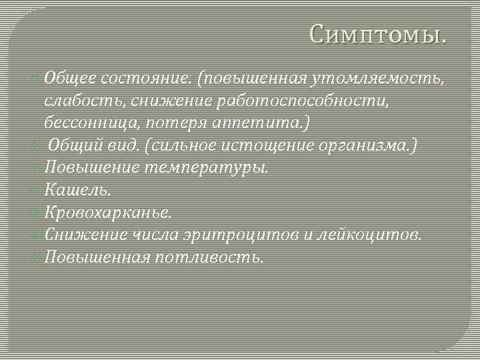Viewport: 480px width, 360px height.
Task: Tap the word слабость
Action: coord(85,101)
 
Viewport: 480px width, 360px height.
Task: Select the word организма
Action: coord(369,145)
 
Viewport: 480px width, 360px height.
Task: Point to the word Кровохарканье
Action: coord(107,213)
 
